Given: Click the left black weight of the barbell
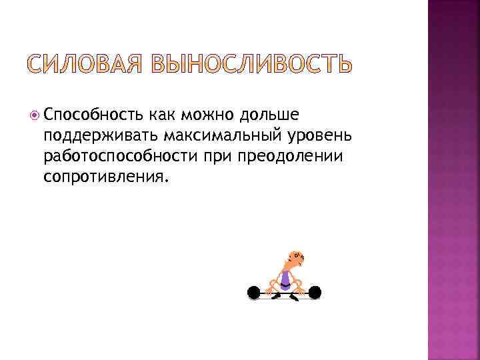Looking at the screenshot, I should click(253, 291).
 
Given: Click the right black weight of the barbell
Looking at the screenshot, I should click(315, 291).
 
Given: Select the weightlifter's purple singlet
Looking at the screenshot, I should click(285, 278).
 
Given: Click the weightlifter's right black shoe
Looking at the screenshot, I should click(294, 295).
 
